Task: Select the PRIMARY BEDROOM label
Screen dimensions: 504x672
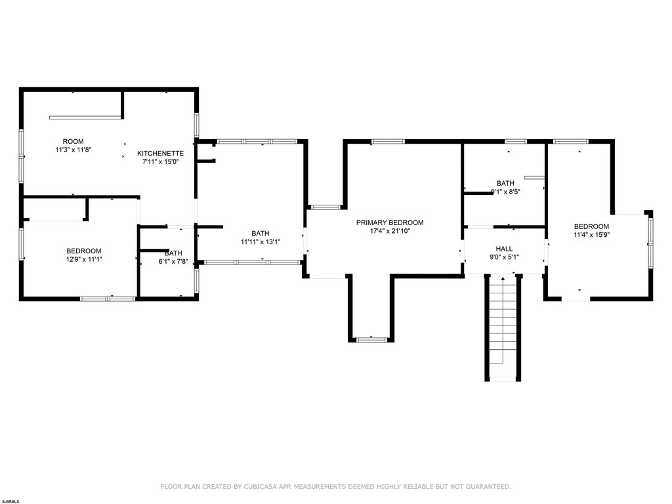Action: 390,222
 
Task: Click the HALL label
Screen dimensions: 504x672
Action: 504,249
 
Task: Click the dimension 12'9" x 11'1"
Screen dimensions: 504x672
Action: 84,259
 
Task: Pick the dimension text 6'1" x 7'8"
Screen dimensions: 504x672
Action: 173,261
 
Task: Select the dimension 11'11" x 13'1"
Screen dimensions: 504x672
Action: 261,241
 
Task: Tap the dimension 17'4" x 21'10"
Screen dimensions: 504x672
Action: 390,231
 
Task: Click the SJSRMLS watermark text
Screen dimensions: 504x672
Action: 10,501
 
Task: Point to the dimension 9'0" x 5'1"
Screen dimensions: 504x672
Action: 504,257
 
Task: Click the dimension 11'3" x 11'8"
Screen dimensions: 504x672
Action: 73,150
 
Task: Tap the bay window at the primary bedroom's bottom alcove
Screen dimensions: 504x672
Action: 371,339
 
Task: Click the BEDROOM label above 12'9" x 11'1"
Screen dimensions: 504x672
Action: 84,251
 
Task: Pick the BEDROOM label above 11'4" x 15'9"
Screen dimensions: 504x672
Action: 591,226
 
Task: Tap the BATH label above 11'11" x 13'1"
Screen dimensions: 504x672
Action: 261,233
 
